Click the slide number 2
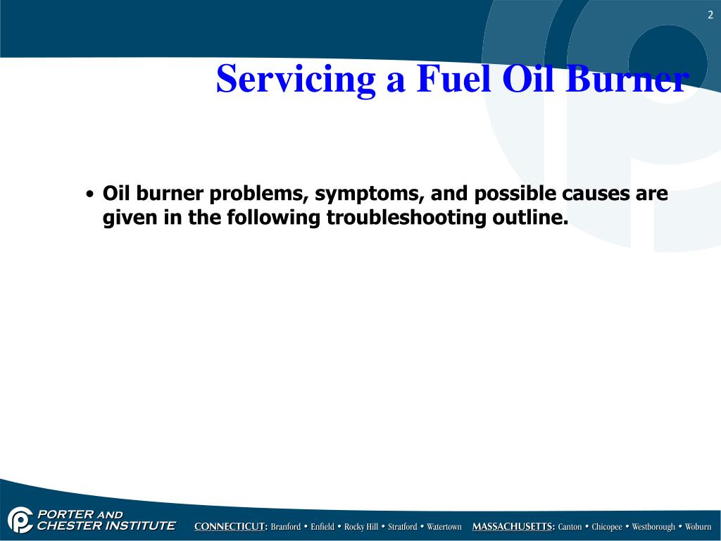[x=710, y=15]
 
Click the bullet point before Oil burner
[x=89, y=194]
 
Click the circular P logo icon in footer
[x=20, y=520]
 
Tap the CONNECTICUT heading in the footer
[x=231, y=527]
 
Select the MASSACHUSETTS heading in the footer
[x=513, y=527]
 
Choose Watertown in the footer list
[x=444, y=527]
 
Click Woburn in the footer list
[x=698, y=527]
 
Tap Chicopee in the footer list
[x=606, y=527]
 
